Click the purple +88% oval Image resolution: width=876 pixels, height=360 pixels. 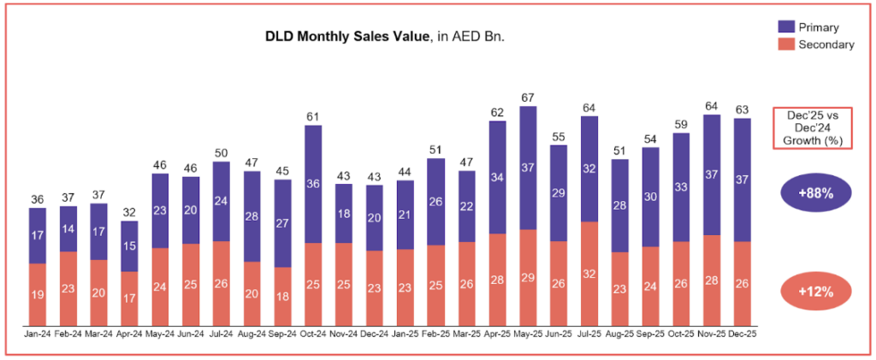[x=815, y=193]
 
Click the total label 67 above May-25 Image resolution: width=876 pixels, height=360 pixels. [x=528, y=97]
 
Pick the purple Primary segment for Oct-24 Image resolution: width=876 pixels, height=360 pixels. [x=314, y=184]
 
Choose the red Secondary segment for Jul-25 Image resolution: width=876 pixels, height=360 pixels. [x=589, y=273]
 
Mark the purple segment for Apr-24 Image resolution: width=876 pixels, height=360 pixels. [x=129, y=246]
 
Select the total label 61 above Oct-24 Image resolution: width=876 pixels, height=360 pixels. [x=314, y=116]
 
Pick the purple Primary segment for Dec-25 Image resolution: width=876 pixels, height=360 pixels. [x=742, y=180]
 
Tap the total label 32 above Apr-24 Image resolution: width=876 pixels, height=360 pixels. [x=129, y=212]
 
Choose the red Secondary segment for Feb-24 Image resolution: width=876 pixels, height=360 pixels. [x=68, y=288]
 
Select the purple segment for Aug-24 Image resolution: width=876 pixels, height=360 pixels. [x=252, y=216]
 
